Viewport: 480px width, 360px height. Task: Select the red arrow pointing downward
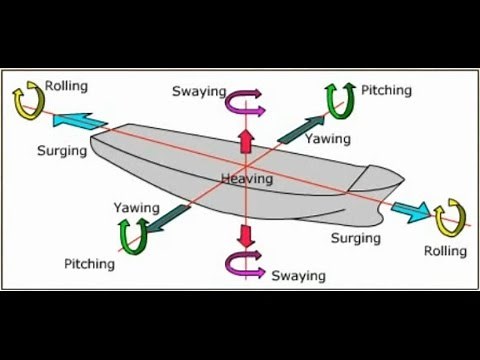click(x=243, y=236)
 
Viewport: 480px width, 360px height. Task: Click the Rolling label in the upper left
click(x=65, y=87)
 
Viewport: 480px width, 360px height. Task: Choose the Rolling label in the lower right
click(x=446, y=249)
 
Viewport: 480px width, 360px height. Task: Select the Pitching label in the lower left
click(x=90, y=264)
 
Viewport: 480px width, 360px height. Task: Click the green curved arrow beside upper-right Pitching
click(x=340, y=100)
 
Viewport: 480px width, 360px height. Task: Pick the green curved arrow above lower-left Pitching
click(x=133, y=235)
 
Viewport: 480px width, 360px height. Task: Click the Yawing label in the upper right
click(x=327, y=138)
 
